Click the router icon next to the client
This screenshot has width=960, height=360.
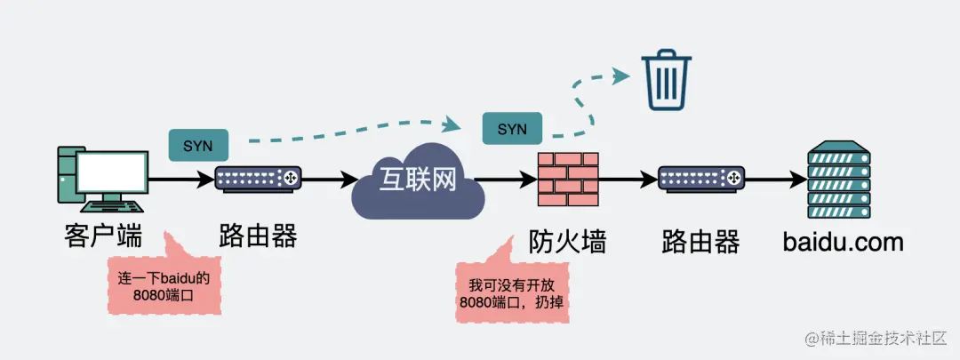258,179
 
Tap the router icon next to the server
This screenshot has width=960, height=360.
700,179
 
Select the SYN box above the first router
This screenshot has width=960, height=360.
197,146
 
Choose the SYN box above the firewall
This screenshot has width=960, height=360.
512,129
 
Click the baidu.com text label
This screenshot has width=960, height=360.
843,241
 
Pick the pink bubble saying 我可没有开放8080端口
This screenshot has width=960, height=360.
513,293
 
